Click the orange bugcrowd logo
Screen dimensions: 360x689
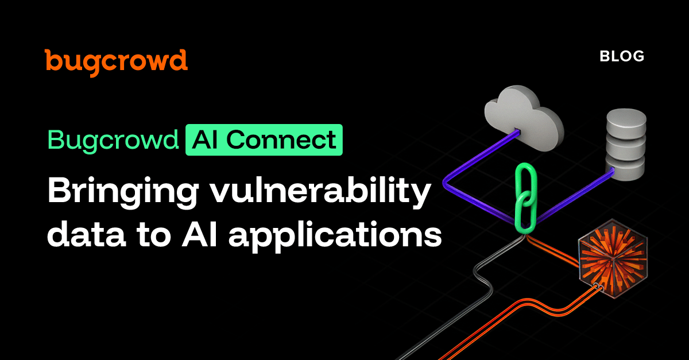click(116, 60)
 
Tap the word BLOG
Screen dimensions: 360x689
click(622, 56)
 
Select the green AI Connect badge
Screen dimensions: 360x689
click(264, 140)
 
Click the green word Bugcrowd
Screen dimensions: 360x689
click(113, 140)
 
